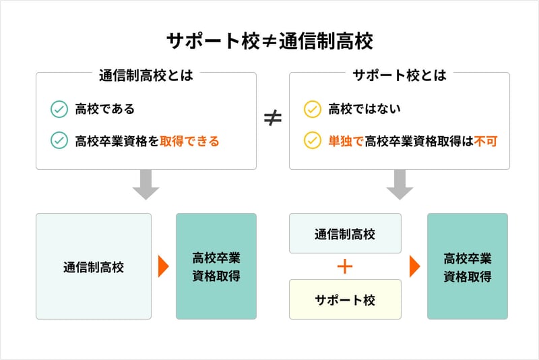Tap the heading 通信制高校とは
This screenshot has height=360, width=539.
[x=146, y=75]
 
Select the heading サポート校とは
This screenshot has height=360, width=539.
[x=400, y=75]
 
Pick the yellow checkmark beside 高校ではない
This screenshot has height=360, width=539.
[x=313, y=109]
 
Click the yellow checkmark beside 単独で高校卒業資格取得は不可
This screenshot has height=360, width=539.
[x=313, y=141]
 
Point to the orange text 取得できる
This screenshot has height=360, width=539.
[x=189, y=142]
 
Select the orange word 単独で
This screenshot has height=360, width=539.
[x=346, y=142]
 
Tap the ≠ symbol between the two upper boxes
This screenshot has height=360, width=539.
[x=272, y=119]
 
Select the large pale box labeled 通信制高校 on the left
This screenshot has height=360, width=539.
[x=94, y=266]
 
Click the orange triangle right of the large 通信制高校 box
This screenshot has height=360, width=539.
[x=162, y=267]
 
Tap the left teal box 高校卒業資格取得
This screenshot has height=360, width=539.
[x=216, y=266]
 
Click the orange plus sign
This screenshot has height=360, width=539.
[x=345, y=266]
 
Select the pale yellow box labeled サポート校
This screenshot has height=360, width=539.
[x=345, y=299]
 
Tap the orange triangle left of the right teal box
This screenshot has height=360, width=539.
[x=414, y=267]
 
